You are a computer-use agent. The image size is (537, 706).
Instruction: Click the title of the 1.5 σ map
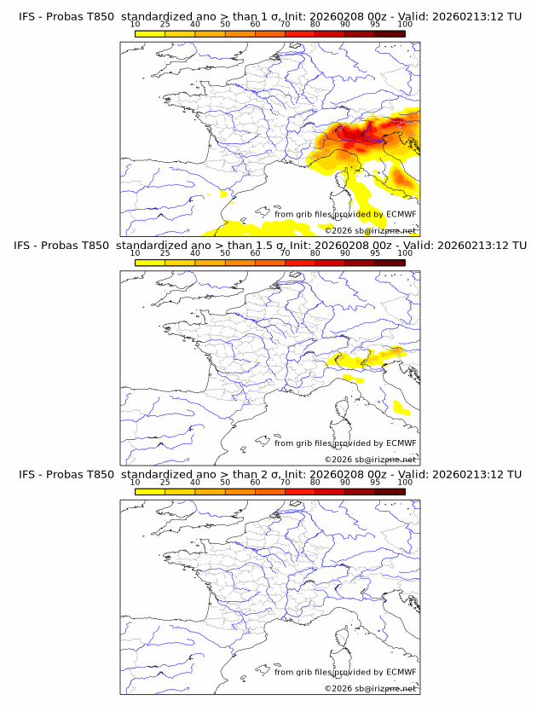(268, 246)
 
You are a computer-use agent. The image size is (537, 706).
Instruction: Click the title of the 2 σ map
(268, 474)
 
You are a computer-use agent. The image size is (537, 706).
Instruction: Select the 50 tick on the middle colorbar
(225, 253)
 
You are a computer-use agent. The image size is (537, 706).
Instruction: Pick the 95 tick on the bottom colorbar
(375, 482)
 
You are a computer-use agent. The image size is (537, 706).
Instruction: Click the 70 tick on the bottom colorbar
(285, 482)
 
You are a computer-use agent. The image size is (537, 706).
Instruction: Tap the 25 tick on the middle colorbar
(165, 253)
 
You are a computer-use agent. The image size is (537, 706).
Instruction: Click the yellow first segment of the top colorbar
(150, 33)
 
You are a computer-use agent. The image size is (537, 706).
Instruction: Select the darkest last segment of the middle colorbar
(390, 263)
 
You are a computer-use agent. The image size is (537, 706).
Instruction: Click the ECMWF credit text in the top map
(345, 215)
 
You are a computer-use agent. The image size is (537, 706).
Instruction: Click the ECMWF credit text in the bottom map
(345, 672)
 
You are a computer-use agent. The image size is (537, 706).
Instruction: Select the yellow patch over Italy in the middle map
(400, 408)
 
